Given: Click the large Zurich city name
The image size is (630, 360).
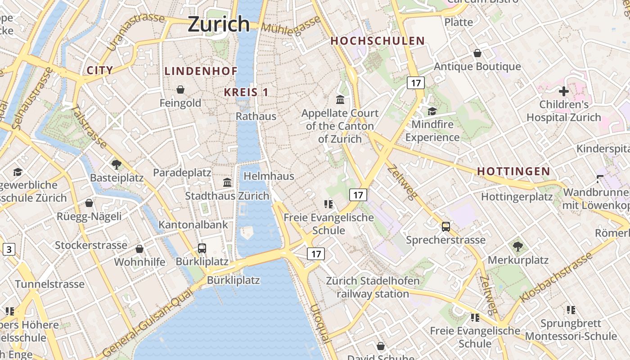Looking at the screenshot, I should (219, 23).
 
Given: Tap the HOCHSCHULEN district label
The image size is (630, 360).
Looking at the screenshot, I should (378, 41).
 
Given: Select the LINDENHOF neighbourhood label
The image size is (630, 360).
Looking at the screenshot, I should (201, 71).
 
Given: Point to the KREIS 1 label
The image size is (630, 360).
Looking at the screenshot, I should (246, 92).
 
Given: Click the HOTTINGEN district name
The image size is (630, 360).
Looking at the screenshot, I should (513, 171).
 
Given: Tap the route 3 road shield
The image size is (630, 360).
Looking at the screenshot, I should (9, 249).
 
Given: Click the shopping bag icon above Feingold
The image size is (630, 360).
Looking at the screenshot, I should (180, 90).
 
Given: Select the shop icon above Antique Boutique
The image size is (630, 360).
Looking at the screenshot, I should (477, 54).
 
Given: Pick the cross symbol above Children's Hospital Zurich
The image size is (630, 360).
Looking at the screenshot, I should (563, 91).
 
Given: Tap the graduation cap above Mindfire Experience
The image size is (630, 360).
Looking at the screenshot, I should (432, 111).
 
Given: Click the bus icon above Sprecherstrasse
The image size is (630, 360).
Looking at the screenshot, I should (445, 227).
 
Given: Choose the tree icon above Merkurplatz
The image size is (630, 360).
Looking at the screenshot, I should (518, 246).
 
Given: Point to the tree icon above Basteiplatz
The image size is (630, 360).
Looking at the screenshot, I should (117, 164).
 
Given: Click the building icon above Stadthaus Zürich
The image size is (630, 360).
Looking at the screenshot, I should (227, 182).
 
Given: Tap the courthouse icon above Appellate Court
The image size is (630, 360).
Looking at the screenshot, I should (340, 99).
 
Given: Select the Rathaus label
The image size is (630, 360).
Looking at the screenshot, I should (256, 117).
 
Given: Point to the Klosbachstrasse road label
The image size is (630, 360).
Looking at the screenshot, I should (556, 278).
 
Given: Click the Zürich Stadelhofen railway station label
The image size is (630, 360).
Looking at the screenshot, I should (373, 288).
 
